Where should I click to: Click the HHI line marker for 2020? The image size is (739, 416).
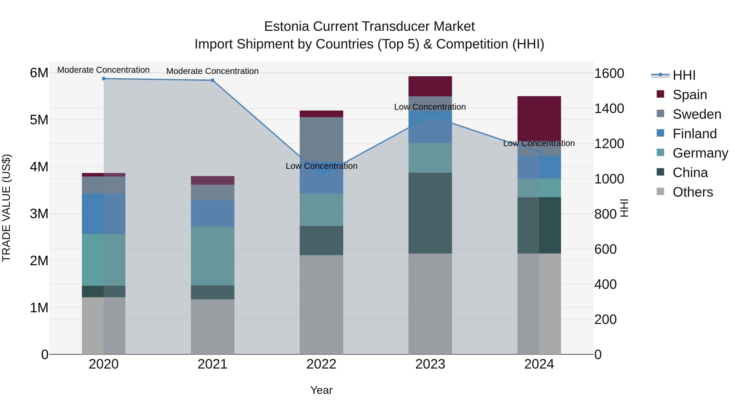pos(104,79)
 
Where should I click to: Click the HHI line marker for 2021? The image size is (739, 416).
pos(213,80)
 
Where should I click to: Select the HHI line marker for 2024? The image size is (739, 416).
pos(539,152)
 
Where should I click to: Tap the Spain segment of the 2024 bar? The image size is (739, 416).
pos(539,118)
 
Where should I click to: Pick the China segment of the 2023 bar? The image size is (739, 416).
pos(430,213)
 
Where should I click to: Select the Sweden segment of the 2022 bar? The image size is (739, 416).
pos(321,139)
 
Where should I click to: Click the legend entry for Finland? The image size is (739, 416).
pos(694,134)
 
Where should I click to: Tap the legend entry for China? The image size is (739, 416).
pos(690,173)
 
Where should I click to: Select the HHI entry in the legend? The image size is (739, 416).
pos(684,75)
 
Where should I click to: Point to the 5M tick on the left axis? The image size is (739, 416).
pos(39,120)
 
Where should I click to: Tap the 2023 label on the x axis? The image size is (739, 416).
pos(430,364)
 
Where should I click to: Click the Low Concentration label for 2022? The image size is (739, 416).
pos(321,166)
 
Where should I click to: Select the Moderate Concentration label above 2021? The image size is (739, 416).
pos(213,71)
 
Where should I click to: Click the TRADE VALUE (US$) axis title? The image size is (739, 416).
pos(7,208)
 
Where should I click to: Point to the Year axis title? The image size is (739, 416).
pos(321,390)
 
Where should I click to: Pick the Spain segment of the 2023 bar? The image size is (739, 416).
pos(430,86)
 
